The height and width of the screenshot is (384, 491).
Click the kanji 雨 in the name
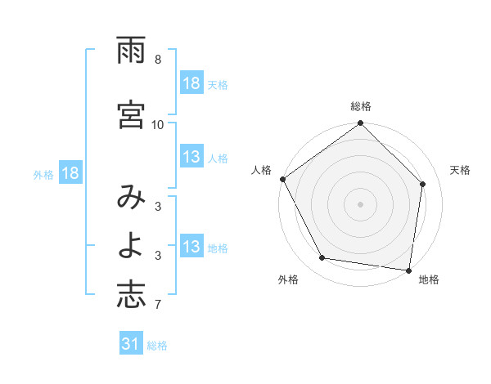click(131, 52)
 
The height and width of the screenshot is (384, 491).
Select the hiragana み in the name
click(131, 199)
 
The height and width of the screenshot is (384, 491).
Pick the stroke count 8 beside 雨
click(158, 60)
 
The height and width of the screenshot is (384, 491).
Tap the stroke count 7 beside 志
click(158, 306)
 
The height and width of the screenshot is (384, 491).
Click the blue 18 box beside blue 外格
click(70, 173)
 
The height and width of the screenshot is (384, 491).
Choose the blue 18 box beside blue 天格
click(191, 83)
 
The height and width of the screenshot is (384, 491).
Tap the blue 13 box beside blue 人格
click(191, 158)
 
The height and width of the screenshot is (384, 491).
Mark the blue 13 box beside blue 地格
click(191, 248)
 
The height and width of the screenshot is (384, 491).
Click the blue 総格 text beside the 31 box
click(157, 346)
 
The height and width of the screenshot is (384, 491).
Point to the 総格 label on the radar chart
click(361, 106)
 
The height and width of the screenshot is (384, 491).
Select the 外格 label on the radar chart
click(288, 279)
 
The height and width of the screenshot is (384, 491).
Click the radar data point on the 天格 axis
click(423, 184)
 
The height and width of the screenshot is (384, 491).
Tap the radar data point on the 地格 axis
click(409, 270)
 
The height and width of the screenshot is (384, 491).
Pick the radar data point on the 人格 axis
click(282, 179)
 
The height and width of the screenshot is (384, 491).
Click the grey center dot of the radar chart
click(361, 203)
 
